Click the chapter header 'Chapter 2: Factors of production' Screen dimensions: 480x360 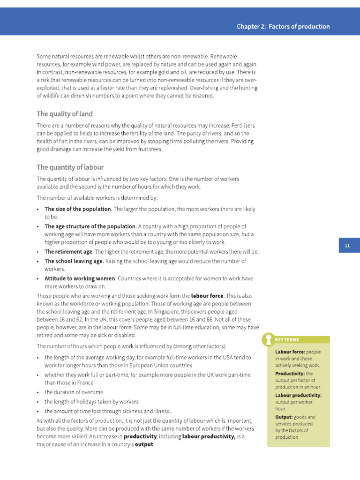pyautogui.click(x=283, y=27)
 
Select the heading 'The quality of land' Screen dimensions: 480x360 pyautogui.click(x=65, y=114)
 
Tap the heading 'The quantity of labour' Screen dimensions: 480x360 pyautogui.click(x=70, y=167)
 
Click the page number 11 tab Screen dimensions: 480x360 pyautogui.click(x=347, y=246)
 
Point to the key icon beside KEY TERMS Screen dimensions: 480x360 pyautogui.click(x=268, y=339)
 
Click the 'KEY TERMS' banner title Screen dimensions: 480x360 pyautogui.click(x=287, y=339)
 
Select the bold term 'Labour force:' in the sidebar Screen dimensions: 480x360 pyautogui.click(x=290, y=352)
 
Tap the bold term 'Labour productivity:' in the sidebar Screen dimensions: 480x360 pyautogui.click(x=298, y=395)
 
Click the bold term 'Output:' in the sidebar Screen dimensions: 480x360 pyautogui.click(x=284, y=417)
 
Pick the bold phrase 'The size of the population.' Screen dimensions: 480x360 pyautogui.click(x=78, y=209)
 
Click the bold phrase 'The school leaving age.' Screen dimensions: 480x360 pyautogui.click(x=74, y=261)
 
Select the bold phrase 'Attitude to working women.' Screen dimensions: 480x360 pyautogui.click(x=80, y=278)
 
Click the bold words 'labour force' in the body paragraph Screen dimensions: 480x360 pyautogui.click(x=207, y=296)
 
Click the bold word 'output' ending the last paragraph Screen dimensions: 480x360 pyautogui.click(x=144, y=444)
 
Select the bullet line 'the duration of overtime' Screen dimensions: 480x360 pyautogui.click(x=74, y=392)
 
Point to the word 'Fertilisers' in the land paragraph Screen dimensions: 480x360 pyautogui.click(x=241, y=126)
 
